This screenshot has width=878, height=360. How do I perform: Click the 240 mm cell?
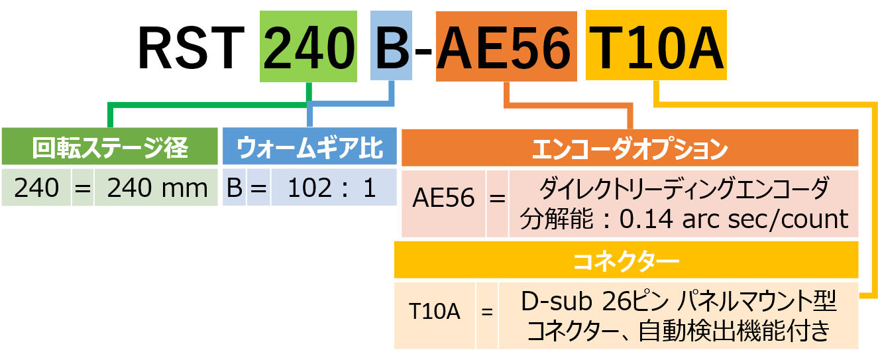click(157, 189)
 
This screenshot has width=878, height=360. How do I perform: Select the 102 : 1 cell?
click(333, 189)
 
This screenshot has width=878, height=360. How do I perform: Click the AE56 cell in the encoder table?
click(443, 200)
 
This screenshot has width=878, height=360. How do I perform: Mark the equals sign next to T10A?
click(487, 312)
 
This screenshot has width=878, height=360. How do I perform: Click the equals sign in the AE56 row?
click(498, 200)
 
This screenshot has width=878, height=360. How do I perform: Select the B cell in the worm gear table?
click(233, 189)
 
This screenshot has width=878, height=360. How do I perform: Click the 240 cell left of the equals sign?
click(36, 189)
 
